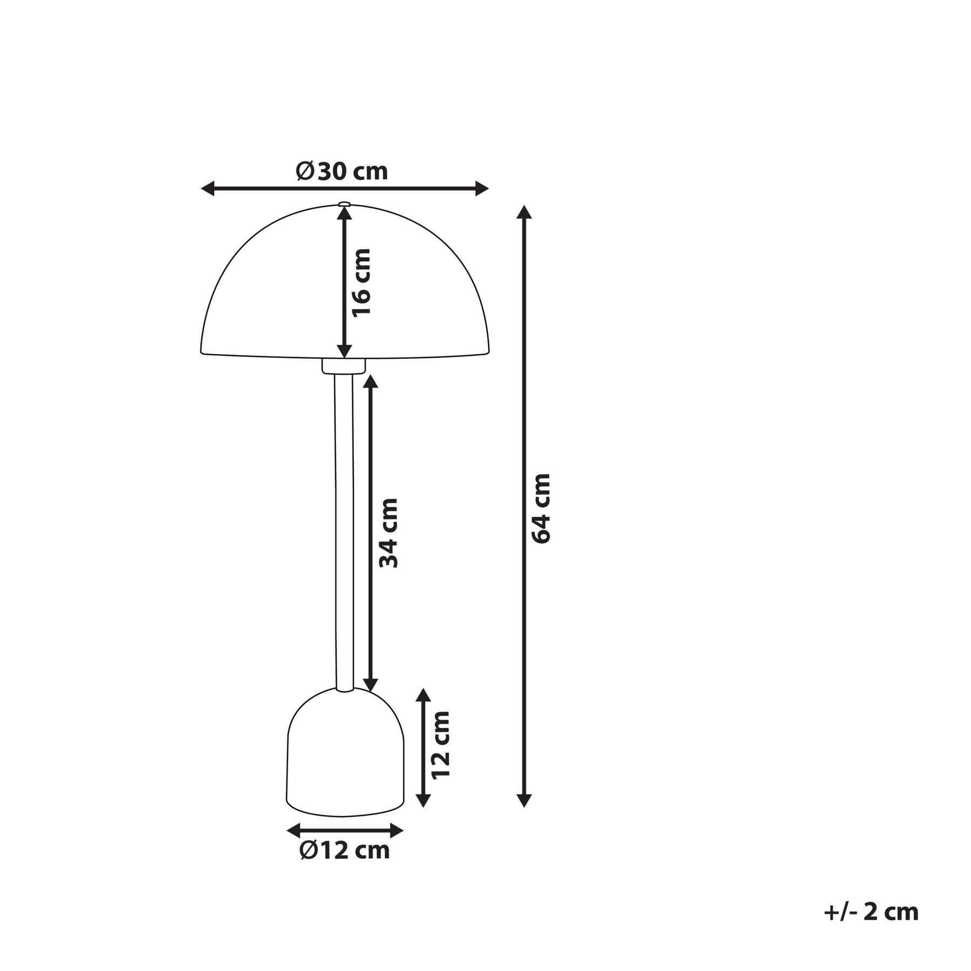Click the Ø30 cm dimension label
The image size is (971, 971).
[342, 171]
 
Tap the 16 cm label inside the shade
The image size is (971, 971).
[361, 283]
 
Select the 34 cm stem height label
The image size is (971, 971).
[388, 533]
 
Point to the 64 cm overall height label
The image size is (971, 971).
[541, 509]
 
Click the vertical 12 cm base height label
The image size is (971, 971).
[440, 744]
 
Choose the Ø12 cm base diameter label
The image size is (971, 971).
[344, 851]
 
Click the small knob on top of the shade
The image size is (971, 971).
[344, 204]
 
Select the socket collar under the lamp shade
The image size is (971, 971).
[344, 366]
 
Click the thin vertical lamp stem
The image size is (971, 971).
[344, 532]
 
